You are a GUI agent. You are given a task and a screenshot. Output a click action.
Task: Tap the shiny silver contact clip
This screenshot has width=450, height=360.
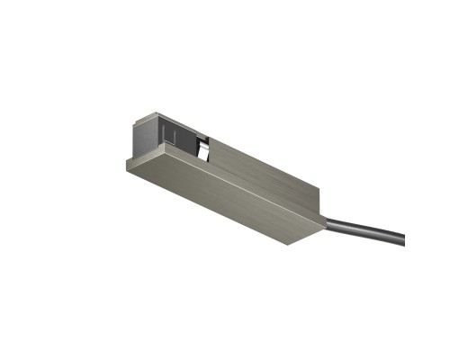click(x=205, y=148)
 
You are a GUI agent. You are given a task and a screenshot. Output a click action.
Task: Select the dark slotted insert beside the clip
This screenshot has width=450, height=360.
click(x=180, y=135)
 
